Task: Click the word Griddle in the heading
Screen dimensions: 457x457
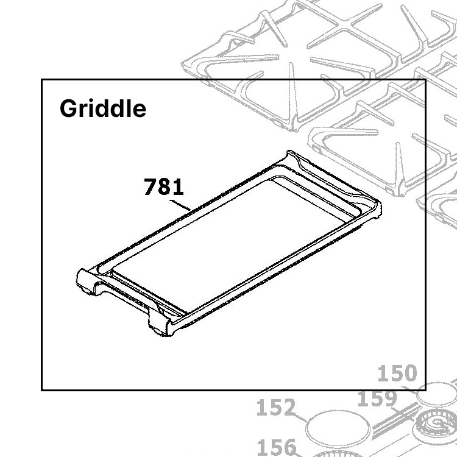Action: point(103,109)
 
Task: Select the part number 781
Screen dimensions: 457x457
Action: point(163,187)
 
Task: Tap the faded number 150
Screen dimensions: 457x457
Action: point(397,373)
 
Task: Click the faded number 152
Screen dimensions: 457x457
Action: point(276,408)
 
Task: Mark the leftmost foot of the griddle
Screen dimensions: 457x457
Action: point(85,286)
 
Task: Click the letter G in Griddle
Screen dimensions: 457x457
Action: point(68,109)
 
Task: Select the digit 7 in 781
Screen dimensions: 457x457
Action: point(150,187)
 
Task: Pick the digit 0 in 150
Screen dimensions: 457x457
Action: point(410,373)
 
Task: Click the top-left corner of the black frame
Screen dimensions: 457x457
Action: point(41,79)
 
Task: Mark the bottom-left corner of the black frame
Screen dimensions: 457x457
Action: point(41,390)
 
